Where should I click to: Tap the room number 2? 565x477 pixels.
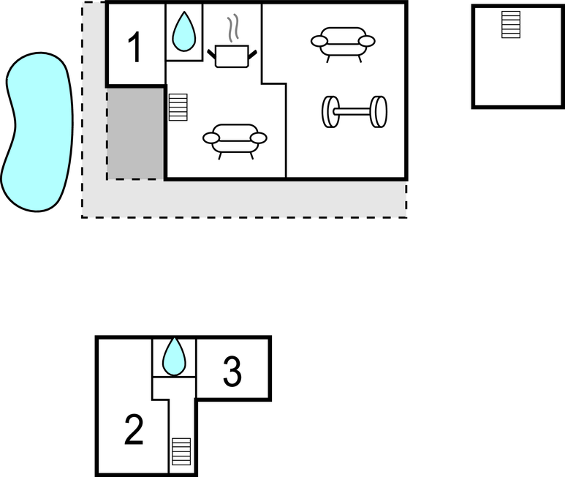coord(134,430)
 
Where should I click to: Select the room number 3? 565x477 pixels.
coord(232,372)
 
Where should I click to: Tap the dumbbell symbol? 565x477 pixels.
coord(354,111)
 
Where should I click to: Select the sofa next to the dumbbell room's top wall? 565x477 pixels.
coord(343,42)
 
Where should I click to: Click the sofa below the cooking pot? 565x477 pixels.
coord(235,138)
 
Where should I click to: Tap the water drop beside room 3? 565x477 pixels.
coord(174,356)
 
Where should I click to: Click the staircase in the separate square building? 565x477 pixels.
coord(511,24)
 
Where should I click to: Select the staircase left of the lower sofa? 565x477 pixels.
coord(178,107)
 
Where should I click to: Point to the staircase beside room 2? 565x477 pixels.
coord(181,451)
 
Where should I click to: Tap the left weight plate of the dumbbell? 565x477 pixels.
coord(330,111)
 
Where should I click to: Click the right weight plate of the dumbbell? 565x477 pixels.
coord(379,111)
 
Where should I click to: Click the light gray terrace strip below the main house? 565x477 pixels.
coord(256,198)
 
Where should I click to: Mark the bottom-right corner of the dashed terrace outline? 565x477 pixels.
coord(406,217)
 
